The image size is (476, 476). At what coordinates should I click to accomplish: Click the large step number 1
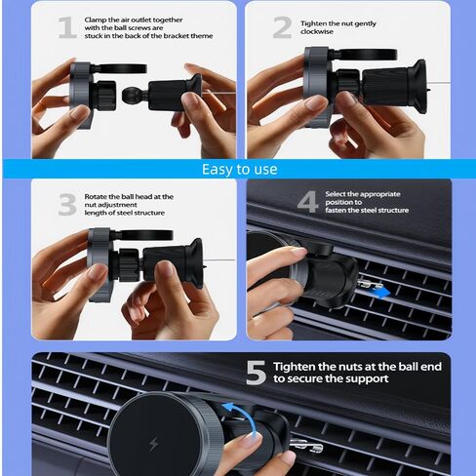point(67,27)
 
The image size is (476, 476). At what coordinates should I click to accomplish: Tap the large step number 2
point(282,27)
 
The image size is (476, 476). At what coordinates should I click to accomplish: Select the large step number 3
point(67,205)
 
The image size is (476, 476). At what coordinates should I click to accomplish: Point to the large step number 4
point(307,202)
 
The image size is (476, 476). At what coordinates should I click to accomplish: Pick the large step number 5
point(257,373)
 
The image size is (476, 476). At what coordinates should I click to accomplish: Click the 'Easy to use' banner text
point(240,170)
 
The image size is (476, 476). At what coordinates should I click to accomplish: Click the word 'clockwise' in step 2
point(317,32)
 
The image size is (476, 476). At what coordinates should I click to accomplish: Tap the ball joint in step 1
point(131,95)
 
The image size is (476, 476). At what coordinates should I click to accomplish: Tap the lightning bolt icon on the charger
point(153,445)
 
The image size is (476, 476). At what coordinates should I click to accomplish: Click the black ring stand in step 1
point(122,68)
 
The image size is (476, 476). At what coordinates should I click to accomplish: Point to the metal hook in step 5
point(306,446)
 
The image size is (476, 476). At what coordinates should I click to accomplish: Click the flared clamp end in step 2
point(418,86)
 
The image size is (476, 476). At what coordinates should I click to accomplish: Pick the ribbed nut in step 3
point(128,265)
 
